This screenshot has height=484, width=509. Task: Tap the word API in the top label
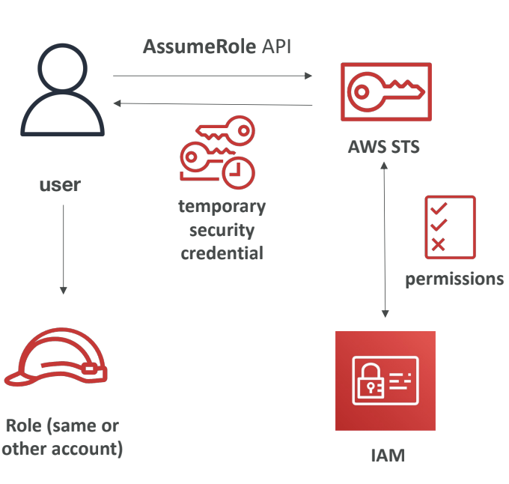277,47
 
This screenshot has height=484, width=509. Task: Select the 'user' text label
60,184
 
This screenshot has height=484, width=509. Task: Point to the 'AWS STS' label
384,146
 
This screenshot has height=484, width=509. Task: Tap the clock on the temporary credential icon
239,171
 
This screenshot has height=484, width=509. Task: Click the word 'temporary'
222,206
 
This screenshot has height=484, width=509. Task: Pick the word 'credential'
222,253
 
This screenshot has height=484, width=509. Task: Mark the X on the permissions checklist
439,244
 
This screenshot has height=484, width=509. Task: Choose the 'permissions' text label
454,279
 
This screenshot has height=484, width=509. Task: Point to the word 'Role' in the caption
27,426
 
